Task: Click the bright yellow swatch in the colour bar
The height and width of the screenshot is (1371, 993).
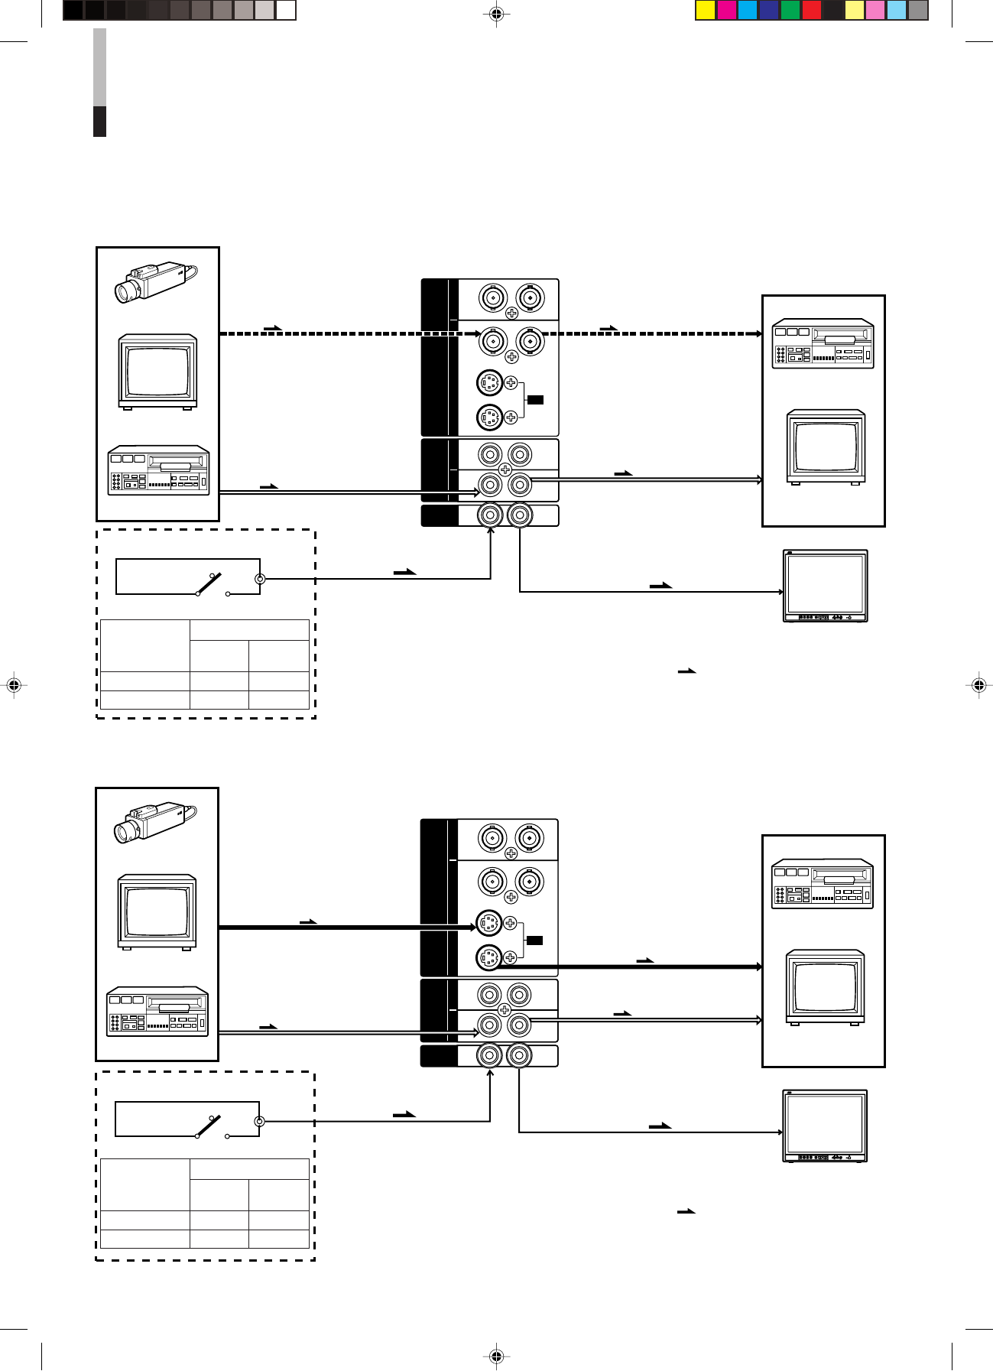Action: [x=706, y=10]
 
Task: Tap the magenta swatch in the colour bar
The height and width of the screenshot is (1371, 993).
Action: [x=727, y=10]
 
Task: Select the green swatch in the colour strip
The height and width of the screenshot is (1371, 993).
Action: [x=790, y=10]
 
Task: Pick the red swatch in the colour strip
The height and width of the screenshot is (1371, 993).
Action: [x=812, y=10]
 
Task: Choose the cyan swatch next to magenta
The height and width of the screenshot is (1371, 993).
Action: [x=748, y=10]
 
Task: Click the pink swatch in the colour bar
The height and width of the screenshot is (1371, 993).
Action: [x=875, y=10]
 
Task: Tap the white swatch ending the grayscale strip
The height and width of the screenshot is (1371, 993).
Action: [x=286, y=10]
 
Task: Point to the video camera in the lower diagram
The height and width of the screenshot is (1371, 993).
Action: [x=155, y=822]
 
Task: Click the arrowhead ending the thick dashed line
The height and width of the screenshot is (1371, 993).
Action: [x=758, y=333]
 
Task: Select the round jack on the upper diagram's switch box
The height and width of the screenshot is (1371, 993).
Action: [x=260, y=579]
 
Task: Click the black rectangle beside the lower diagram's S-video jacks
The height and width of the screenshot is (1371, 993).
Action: [x=535, y=940]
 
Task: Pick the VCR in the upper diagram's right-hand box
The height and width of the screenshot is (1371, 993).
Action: [x=823, y=344]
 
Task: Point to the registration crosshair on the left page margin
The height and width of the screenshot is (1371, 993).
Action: [x=13, y=685]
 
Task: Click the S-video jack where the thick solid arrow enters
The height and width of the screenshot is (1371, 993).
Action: [x=489, y=924]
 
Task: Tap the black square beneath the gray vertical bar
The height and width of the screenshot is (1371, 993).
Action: [x=99, y=122]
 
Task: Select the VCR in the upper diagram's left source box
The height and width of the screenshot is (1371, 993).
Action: [x=158, y=469]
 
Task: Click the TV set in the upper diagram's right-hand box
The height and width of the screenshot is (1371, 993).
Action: [x=826, y=447]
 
